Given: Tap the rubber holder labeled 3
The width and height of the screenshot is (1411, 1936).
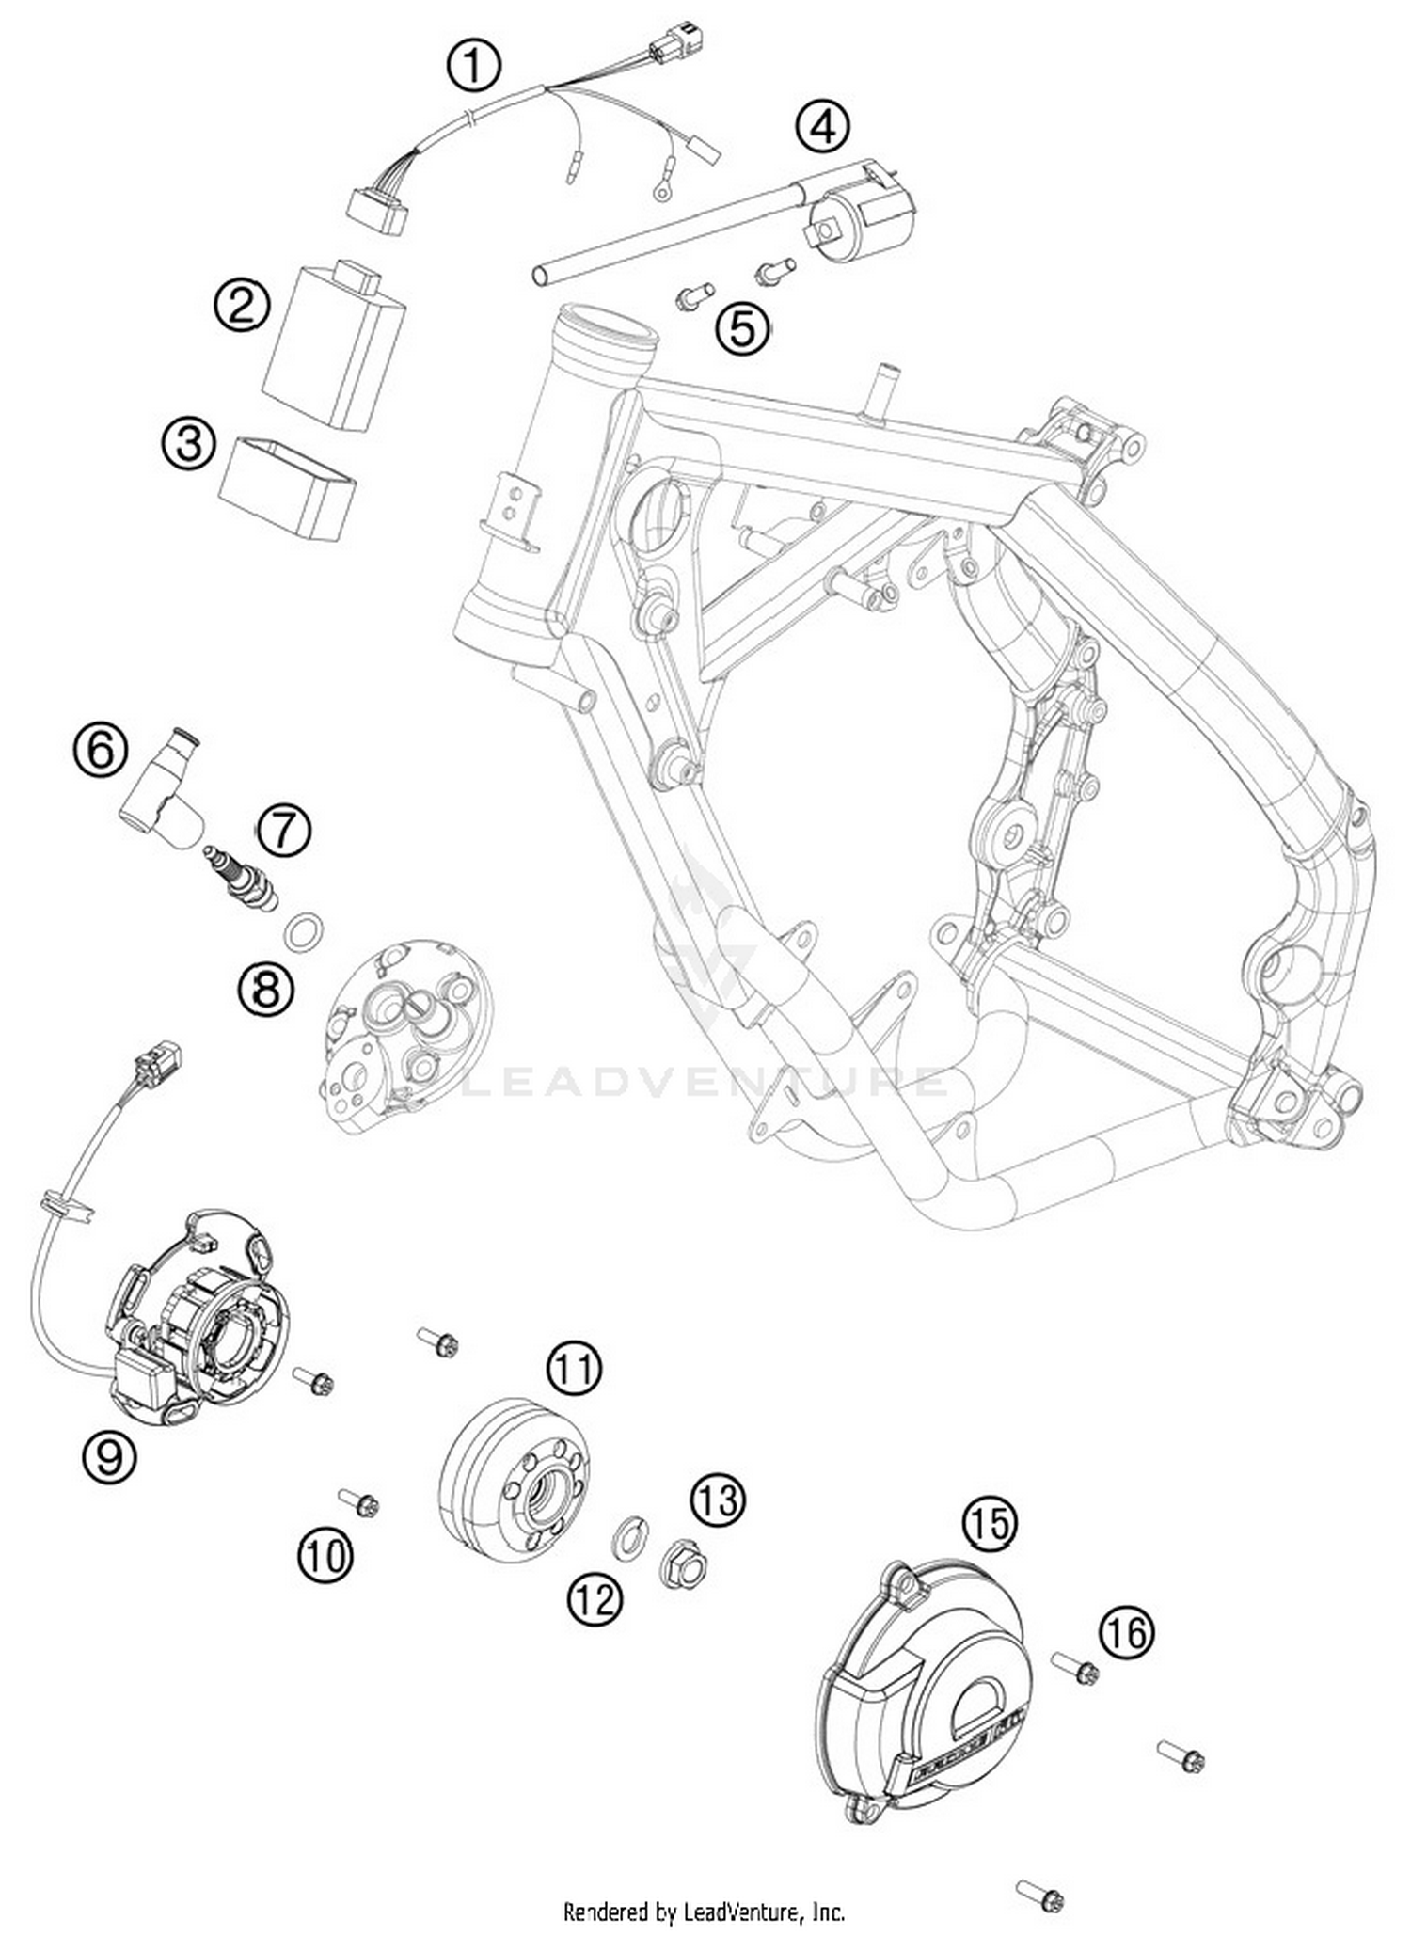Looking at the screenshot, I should [288, 490].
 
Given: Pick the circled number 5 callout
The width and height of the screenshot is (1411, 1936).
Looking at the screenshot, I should [742, 328].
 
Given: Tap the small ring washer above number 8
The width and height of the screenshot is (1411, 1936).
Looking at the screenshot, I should [303, 932].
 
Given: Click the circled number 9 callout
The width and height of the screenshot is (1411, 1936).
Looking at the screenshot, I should [109, 1457].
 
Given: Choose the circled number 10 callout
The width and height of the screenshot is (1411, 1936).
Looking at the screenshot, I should [325, 1555].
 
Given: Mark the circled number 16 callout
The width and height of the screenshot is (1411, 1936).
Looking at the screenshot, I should [1126, 1633].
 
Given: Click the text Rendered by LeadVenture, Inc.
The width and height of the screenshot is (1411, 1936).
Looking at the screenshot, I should [704, 1911].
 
